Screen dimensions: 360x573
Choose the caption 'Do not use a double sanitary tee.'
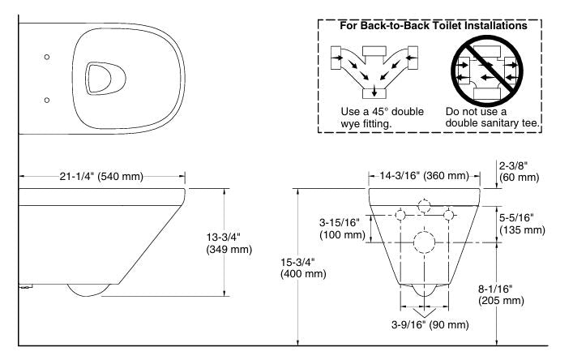point(491,116)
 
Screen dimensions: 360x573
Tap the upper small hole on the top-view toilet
point(46,57)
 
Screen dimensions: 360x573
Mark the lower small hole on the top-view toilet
point(46,99)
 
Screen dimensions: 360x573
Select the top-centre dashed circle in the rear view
point(424,204)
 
